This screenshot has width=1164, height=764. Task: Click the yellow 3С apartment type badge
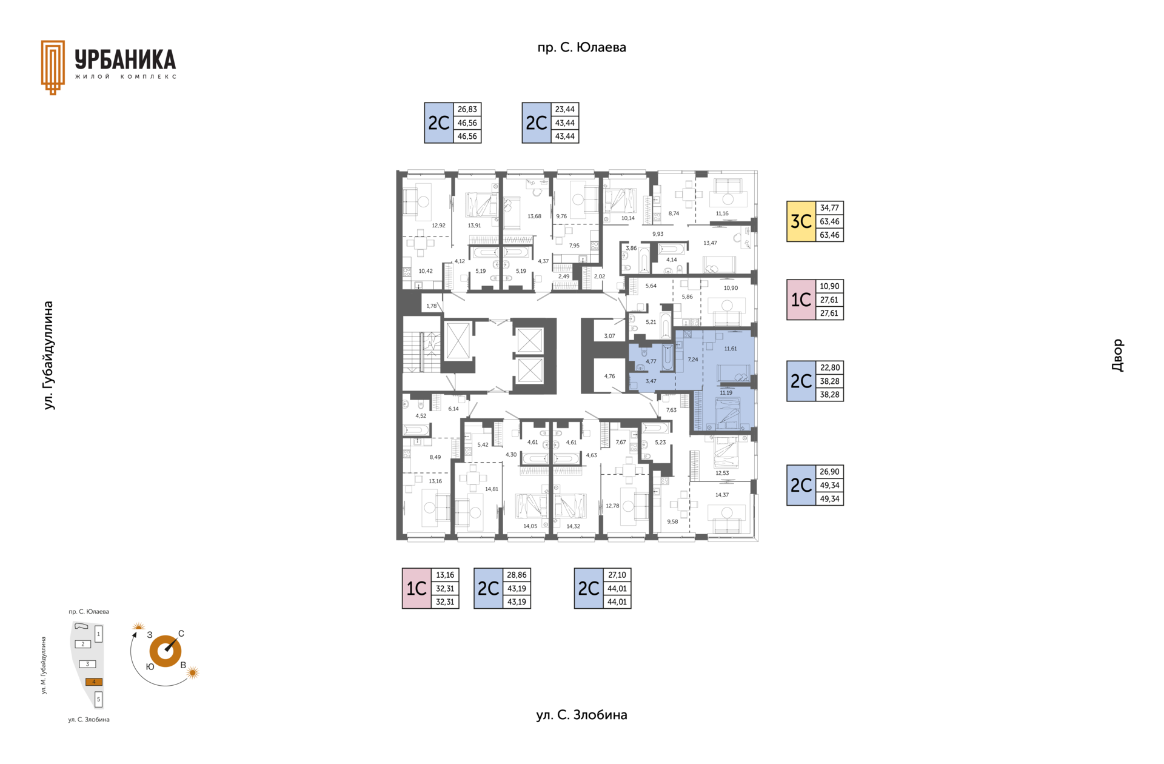801,221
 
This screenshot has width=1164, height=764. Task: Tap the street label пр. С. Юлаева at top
581,47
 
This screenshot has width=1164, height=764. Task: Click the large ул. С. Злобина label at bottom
581,715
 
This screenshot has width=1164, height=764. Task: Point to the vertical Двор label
1117,355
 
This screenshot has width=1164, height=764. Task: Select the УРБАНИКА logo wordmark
125,60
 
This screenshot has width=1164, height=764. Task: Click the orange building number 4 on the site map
94,682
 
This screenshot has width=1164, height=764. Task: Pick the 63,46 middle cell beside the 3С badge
829,221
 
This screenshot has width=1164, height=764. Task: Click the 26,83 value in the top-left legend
467,109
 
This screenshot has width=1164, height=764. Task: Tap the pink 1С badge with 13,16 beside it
416,588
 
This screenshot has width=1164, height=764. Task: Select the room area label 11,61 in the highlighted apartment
731,349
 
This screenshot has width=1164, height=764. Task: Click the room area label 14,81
492,489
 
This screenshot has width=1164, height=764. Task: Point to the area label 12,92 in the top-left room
438,226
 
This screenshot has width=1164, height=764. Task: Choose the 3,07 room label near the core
609,336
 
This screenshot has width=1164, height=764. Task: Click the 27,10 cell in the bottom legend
617,575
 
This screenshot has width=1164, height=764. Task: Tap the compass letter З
149,635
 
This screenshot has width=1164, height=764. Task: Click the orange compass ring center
166,651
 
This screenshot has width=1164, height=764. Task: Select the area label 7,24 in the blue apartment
693,360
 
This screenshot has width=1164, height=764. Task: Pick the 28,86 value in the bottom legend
517,575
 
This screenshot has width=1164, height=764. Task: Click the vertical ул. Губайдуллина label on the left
49,355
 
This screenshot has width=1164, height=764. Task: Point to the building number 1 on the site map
99,634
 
